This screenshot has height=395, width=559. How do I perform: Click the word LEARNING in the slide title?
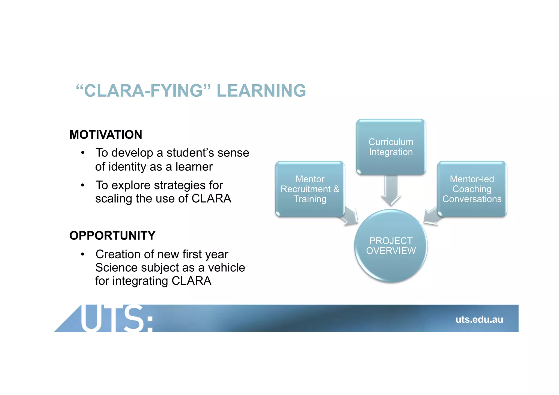pos(261,91)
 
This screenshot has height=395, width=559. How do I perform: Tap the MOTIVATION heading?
pos(106,135)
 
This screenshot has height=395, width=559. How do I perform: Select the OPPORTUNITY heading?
pos(112,236)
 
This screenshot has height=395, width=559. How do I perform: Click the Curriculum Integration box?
pos(391,147)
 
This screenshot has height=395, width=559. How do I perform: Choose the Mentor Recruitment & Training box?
pos(310,189)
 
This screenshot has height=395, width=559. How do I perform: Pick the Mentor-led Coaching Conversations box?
pos(472,189)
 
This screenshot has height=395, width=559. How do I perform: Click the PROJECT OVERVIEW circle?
pos(391,246)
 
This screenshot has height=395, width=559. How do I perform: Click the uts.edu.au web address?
pos(479,319)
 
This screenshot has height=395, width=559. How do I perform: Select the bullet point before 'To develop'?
pos(83,153)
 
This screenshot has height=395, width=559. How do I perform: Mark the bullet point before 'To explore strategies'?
pos(83,185)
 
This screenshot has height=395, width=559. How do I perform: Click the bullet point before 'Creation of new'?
pos(83,254)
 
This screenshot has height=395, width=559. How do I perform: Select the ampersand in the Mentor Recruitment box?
pos(336,189)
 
